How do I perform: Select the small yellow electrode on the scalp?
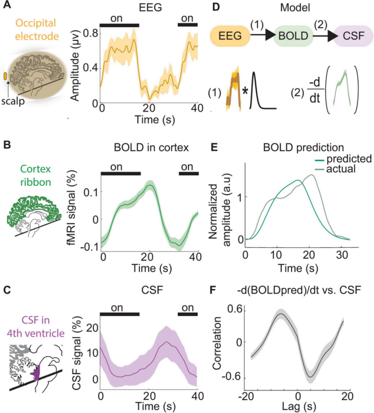pos(5,76)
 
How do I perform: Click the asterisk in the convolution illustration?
pos(245,90)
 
